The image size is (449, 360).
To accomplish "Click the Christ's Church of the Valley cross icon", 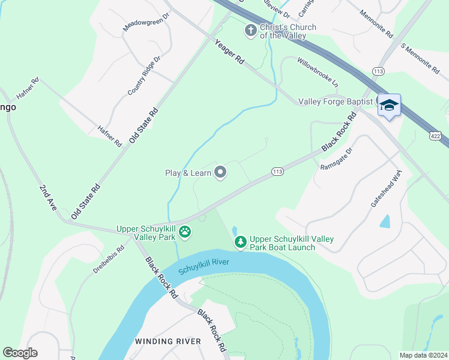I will [x=251, y=29].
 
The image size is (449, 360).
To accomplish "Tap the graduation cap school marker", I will [x=389, y=106].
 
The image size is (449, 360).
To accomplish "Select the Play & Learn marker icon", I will [x=220, y=173].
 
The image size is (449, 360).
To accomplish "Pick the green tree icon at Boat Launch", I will [x=240, y=242].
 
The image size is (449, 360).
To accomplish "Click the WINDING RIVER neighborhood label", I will [x=168, y=341].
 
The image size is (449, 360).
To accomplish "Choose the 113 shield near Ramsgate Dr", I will [x=277, y=172].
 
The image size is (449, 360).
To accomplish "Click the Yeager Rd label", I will [x=231, y=52].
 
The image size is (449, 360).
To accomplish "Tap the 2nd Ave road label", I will [x=48, y=197].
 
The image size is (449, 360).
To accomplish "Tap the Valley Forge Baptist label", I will [x=336, y=102].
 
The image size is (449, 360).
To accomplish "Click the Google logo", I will [x=20, y=353].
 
